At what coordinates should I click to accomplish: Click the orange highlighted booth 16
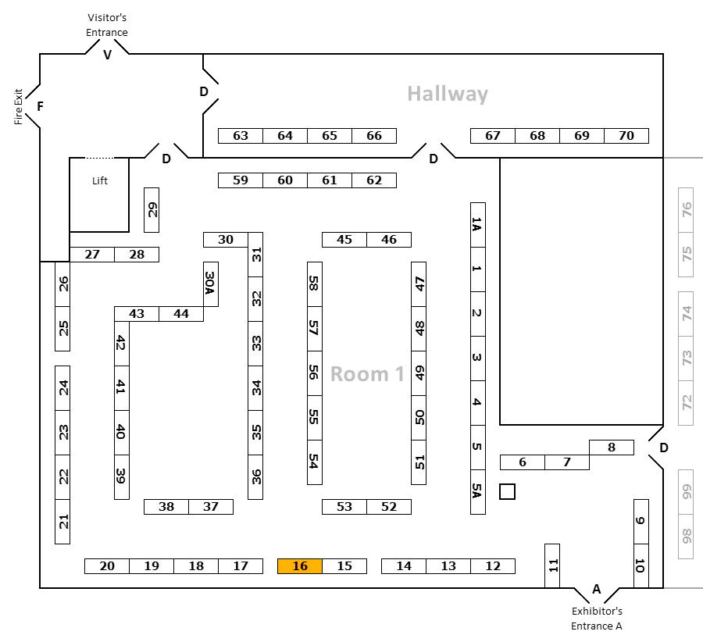point(300,566)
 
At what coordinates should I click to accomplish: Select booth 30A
point(210,284)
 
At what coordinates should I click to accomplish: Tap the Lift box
point(99,194)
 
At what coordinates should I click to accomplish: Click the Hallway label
point(448,95)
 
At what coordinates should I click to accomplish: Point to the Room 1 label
point(367,374)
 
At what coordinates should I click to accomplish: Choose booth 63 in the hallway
point(241,136)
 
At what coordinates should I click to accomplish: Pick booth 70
point(626,136)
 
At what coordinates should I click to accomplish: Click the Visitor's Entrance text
point(108,25)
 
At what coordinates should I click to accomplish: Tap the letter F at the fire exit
point(40,106)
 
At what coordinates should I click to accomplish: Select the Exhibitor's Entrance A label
point(597,618)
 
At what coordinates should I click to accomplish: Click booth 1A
point(477,225)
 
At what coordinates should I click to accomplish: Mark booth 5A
point(477,491)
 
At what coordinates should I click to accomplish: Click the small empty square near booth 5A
point(508,491)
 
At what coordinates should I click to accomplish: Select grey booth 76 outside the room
point(687,210)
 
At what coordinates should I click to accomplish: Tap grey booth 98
point(687,536)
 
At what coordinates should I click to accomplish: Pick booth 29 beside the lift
point(152,210)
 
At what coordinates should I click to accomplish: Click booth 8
point(611,448)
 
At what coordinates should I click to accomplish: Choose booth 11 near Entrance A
point(552,565)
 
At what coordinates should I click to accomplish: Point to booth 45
point(344,240)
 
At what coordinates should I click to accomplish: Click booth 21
point(63,521)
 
